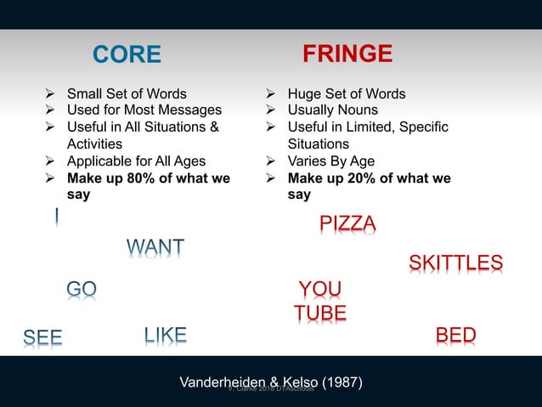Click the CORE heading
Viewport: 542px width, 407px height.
pos(127,55)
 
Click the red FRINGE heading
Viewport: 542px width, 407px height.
pos(347,54)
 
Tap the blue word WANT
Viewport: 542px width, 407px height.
pos(155,248)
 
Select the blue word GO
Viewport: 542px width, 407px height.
pos(82,290)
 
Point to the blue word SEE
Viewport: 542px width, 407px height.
pos(42,337)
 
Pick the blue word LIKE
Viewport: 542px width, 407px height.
pos(165,335)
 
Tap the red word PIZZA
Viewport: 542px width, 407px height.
pos(347,223)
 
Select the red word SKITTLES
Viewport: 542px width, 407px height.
pos(455,263)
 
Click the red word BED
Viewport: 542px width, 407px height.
pos(455,336)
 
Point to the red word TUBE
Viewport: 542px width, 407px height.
pos(320,314)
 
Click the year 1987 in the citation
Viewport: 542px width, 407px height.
pos(342,383)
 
